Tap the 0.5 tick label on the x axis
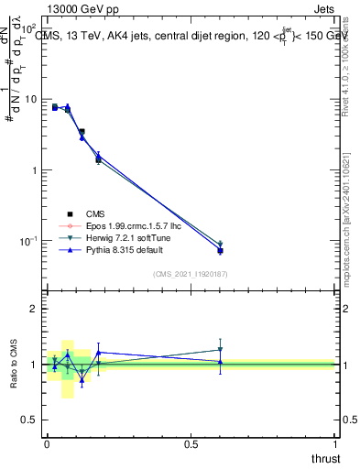coord(191,444)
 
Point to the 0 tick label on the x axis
coord(47,444)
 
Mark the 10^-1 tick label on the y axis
coord(30,241)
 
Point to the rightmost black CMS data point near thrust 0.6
coord(220,250)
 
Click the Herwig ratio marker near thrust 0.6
coord(220,349)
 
